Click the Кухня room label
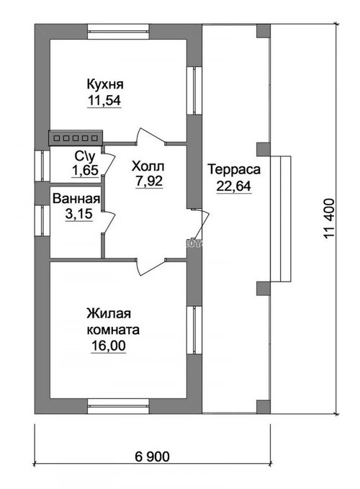pos(104,84)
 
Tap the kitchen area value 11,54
pos(104,100)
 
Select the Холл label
pos(148,166)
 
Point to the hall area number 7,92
pos(149,181)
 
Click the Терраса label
pos(234,170)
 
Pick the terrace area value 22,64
pos(234,187)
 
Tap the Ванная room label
pos(76,199)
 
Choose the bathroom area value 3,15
pos(79,214)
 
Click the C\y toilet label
pos(84,156)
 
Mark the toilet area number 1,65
pos(86,170)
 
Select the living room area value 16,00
pos(109,346)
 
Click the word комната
pos(113,330)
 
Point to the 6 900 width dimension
pos(153,457)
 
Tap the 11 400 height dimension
pos(329,219)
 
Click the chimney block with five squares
pos(76,138)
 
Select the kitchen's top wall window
pos(119,32)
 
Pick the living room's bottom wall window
pos(119,406)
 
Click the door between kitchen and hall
pos(151,138)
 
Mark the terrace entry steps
pos(281,219)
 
